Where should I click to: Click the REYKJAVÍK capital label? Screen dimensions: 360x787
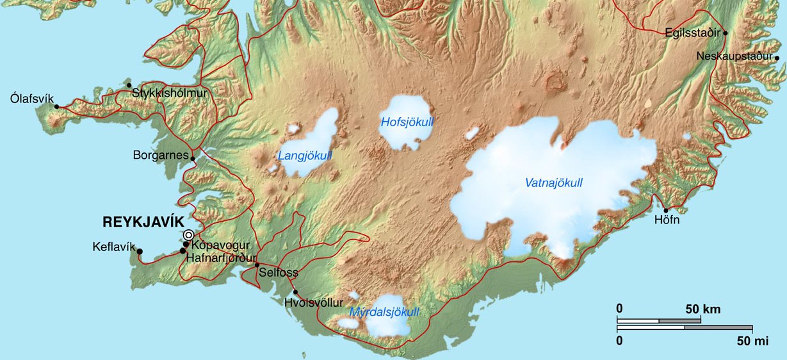pyautogui.click(x=143, y=222)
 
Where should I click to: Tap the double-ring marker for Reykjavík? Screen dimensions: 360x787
pyautogui.click(x=188, y=235)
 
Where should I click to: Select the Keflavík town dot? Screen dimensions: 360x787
pyautogui.click(x=140, y=251)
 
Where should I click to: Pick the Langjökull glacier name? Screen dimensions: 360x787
pyautogui.click(x=305, y=156)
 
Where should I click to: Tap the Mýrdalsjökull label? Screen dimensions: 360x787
pyautogui.click(x=385, y=313)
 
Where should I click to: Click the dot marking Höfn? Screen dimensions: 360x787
pyautogui.click(x=666, y=210)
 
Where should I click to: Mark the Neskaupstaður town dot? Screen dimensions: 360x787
pyautogui.click(x=777, y=58)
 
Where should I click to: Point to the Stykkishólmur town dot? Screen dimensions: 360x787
pyautogui.click(x=129, y=85)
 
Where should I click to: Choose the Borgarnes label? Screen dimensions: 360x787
pyautogui.click(x=160, y=155)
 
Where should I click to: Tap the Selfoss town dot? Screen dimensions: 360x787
pyautogui.click(x=257, y=265)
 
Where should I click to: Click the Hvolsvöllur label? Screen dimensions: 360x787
pyautogui.click(x=314, y=302)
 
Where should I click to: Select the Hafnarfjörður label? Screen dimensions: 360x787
pyautogui.click(x=220, y=258)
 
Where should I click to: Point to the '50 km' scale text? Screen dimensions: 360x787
pyautogui.click(x=702, y=309)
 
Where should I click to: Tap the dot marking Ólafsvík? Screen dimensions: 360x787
pyautogui.click(x=56, y=107)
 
